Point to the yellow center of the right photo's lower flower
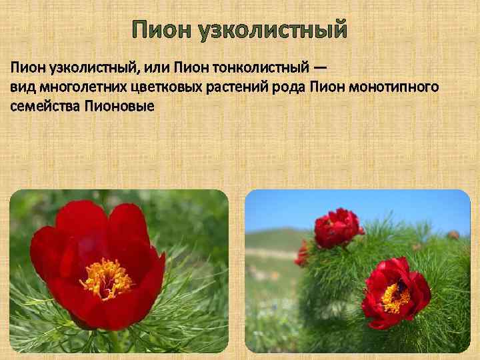[395, 297]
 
